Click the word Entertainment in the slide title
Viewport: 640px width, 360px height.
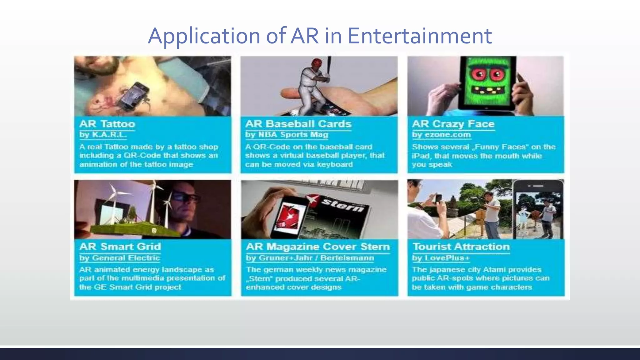[x=420, y=36]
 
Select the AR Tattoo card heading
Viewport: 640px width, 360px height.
[x=107, y=124]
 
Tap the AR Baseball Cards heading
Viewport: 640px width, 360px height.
[x=298, y=124]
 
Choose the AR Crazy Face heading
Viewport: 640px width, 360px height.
[x=453, y=124]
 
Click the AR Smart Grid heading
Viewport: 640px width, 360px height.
[x=120, y=247]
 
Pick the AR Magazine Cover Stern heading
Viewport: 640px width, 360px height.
[x=318, y=247]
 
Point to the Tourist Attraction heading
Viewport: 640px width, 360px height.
[x=461, y=247]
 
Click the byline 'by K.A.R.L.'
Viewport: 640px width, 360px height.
[x=103, y=135]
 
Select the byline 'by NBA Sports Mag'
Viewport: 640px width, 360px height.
[x=287, y=135]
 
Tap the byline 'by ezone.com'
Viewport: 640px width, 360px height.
[x=441, y=135]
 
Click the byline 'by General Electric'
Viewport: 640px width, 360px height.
[x=120, y=258]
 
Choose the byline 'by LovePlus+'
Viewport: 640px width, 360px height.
[x=441, y=258]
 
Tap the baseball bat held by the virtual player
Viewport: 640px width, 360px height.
[x=328, y=66]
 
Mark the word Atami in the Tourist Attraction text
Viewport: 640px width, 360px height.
[x=492, y=270]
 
